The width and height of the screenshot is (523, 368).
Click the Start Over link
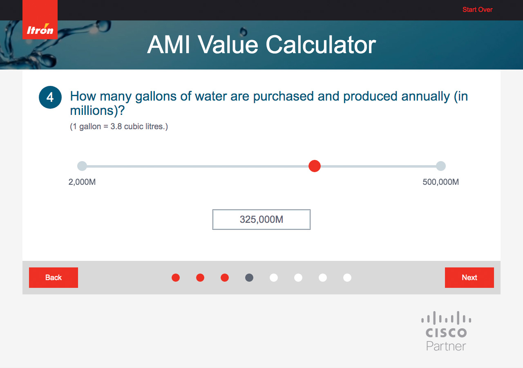pos(477,9)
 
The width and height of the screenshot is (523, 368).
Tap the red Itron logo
pos(40,20)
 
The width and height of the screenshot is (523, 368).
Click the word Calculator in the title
pos(321,45)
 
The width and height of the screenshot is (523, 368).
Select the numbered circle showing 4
pos(50,97)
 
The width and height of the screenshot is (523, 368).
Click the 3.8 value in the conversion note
pos(116,126)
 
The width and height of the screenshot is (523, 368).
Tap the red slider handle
pos(315,166)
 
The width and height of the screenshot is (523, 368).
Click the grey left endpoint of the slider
pos(82,166)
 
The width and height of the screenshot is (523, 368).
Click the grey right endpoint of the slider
pos(441,166)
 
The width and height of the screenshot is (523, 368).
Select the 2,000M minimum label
pos(82,182)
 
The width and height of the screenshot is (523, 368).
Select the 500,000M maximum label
pos(440,182)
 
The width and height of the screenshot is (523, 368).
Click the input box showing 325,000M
pos(261,220)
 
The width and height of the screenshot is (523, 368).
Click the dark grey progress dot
pos(249,278)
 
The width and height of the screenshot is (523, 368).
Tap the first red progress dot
pos(176,278)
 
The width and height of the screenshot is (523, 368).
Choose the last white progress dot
pos(347,278)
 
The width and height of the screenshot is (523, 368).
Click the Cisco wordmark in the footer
pos(446,332)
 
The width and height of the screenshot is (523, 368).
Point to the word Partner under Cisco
pos(446,346)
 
